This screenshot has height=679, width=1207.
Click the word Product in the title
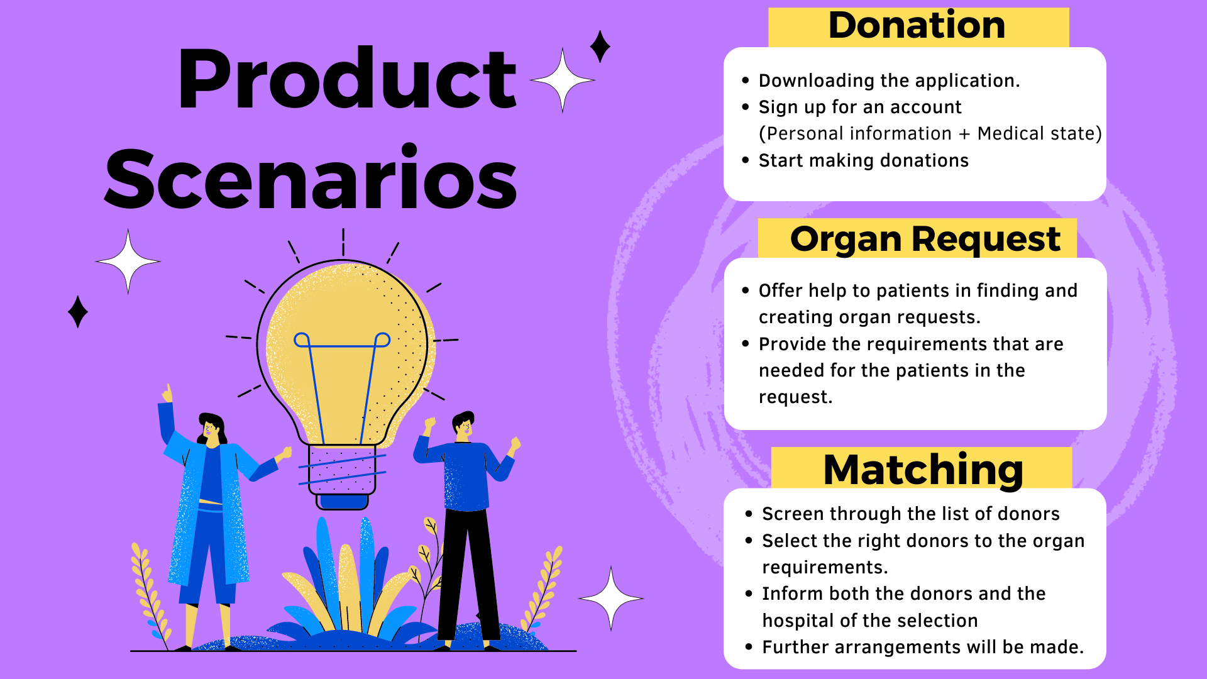pos(347,80)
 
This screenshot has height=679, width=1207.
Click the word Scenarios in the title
pos(311,180)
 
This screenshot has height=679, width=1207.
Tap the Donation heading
pos(917,26)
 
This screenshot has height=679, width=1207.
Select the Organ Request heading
pos(925,240)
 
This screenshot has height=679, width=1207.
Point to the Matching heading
pos(923,470)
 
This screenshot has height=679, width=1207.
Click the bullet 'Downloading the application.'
pos(889,80)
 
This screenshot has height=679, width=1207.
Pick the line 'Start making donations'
pos(863,160)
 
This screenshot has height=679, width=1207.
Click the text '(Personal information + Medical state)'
pos(930,133)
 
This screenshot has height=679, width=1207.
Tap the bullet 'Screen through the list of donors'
pos(910,514)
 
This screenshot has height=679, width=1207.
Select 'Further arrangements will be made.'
pos(923,647)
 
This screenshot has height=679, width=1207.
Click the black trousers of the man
pos(468,572)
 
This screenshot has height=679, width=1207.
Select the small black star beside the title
pos(600,47)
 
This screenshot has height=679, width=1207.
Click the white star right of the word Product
pos(563,80)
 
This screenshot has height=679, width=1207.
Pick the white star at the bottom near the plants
pos(611,599)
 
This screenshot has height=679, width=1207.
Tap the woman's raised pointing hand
pos(167,394)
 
